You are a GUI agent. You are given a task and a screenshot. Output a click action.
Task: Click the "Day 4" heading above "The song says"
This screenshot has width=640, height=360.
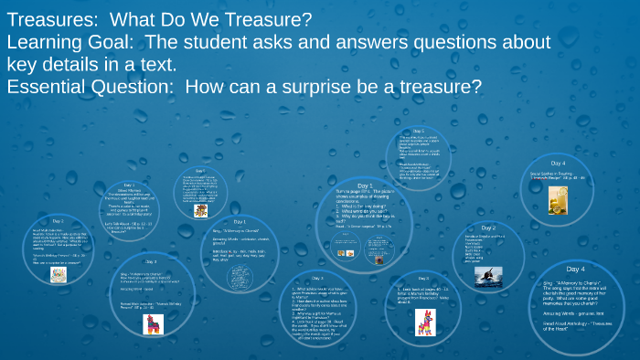tap(575, 270)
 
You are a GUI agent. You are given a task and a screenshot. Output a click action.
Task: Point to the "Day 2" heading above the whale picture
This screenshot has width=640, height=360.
tap(489, 228)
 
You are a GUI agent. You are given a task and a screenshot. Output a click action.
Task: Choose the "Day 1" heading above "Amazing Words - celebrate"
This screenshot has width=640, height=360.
tap(240, 221)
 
